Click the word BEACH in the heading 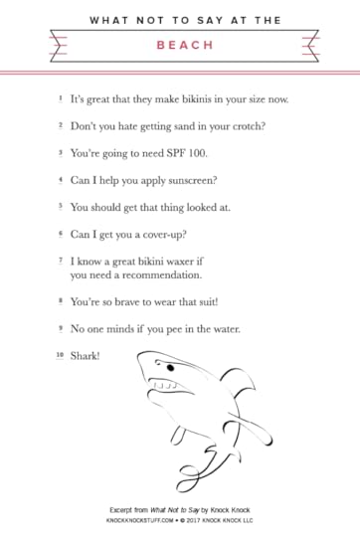coord(180,45)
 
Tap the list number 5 coord(60,207)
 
